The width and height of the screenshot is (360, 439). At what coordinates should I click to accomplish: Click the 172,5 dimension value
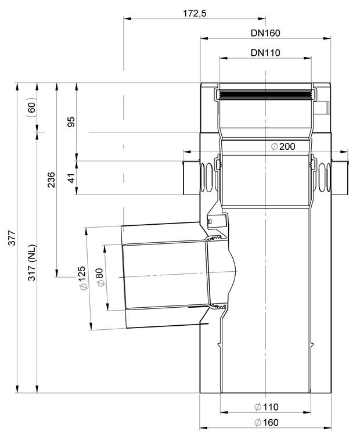[x=195, y=13]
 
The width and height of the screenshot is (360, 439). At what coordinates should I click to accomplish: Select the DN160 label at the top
[x=265, y=33]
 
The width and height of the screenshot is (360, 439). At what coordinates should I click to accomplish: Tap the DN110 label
[x=265, y=53]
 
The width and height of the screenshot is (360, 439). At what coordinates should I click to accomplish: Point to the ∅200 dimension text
[x=283, y=146]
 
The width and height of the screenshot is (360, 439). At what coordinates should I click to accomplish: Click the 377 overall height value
[x=12, y=238]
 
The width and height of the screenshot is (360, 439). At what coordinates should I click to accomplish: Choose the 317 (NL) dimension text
[x=32, y=262]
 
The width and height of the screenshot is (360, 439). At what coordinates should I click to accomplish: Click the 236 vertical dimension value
[x=51, y=180]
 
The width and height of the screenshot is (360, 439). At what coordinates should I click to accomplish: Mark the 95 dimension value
[x=71, y=122]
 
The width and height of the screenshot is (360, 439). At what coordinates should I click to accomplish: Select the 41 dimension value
[x=71, y=178]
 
